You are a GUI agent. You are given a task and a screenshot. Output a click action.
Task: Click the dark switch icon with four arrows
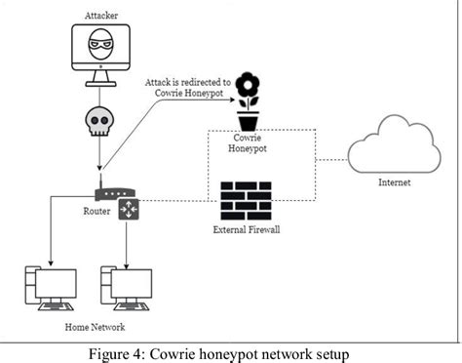pos(129,208)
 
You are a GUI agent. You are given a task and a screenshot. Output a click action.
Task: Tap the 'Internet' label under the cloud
pos(395,182)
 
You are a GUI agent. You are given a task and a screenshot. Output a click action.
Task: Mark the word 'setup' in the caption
pos(330,351)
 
